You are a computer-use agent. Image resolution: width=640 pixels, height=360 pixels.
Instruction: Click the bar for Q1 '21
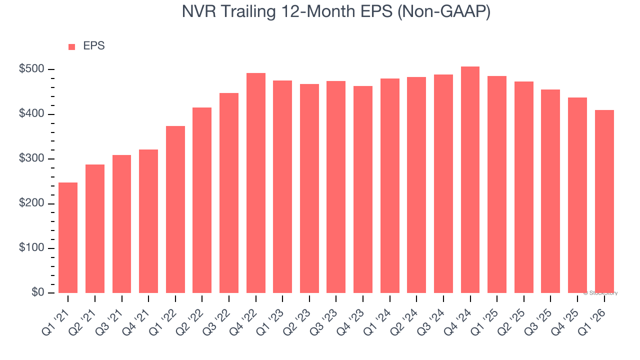point(68,237)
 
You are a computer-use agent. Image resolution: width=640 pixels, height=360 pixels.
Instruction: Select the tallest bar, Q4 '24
point(470,180)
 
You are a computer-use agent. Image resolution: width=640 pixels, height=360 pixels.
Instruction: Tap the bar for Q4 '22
point(256,183)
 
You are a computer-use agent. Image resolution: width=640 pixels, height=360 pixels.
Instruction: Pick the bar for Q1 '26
point(604,201)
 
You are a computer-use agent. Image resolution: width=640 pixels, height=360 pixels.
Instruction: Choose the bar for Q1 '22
point(175,209)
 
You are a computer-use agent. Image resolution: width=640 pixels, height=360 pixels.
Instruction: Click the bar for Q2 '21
point(95,228)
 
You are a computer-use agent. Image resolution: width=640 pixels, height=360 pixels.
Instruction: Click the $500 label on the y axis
point(31,69)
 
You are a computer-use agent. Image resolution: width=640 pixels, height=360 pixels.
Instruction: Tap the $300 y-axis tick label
point(31,158)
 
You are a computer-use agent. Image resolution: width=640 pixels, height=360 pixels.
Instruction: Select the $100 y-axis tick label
point(31,248)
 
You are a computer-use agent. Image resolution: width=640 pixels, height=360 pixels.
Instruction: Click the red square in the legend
point(71,47)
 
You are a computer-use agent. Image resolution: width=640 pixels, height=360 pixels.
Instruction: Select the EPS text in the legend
point(93,46)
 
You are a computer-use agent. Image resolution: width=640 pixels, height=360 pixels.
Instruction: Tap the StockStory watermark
point(600,293)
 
